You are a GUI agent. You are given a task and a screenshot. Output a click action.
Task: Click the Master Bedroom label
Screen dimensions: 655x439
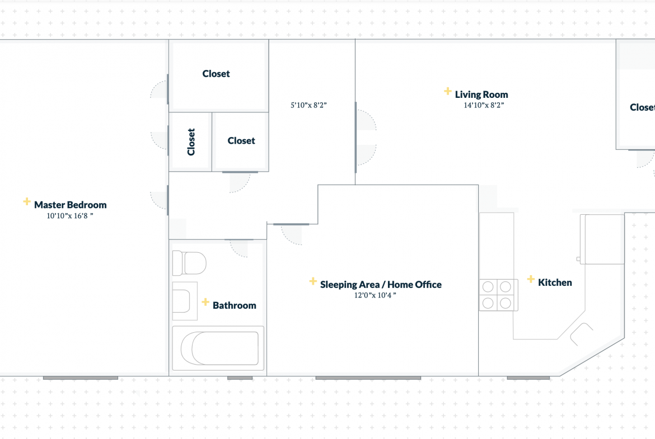pos(70,205)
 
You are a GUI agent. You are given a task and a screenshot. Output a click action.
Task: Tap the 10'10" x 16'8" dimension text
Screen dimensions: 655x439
pos(70,216)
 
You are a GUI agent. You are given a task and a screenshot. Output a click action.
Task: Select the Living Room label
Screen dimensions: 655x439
pos(481,95)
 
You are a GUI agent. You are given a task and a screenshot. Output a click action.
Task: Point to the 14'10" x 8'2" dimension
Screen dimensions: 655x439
pos(484,105)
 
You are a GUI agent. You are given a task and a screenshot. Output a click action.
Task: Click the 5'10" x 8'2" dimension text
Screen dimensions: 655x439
pos(308,105)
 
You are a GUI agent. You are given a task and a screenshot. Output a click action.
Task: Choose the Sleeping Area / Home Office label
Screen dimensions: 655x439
pos(381,285)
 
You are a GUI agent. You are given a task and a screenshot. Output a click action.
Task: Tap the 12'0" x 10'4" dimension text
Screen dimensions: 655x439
pos(375,295)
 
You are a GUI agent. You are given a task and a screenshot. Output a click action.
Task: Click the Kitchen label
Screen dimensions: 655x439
pos(555,282)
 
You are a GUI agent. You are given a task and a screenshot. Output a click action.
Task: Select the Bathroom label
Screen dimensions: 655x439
pos(235,305)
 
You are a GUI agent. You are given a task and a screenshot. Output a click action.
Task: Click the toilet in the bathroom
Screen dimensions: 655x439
pos(189,263)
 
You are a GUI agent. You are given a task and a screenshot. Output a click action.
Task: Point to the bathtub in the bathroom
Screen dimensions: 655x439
pos(218,348)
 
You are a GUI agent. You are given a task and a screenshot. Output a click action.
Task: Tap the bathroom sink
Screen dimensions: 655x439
pos(185,301)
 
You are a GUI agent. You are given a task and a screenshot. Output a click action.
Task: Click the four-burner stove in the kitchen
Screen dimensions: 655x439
pos(498,295)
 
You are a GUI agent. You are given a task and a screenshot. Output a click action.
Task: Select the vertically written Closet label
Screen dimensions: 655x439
pos(191,142)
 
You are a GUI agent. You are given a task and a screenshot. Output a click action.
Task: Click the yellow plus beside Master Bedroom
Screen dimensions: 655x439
pos(27,202)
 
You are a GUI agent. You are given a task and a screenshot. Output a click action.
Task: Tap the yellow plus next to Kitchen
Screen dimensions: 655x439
pos(531,278)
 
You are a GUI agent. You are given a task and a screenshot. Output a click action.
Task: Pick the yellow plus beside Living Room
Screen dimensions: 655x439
pos(447,91)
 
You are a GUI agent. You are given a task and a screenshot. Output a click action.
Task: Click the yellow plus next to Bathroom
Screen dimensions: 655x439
pos(205,302)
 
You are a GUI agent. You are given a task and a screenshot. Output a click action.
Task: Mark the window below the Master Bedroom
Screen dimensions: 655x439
pos(81,378)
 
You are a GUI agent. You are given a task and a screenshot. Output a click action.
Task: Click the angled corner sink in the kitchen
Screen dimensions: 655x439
pos(581,334)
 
